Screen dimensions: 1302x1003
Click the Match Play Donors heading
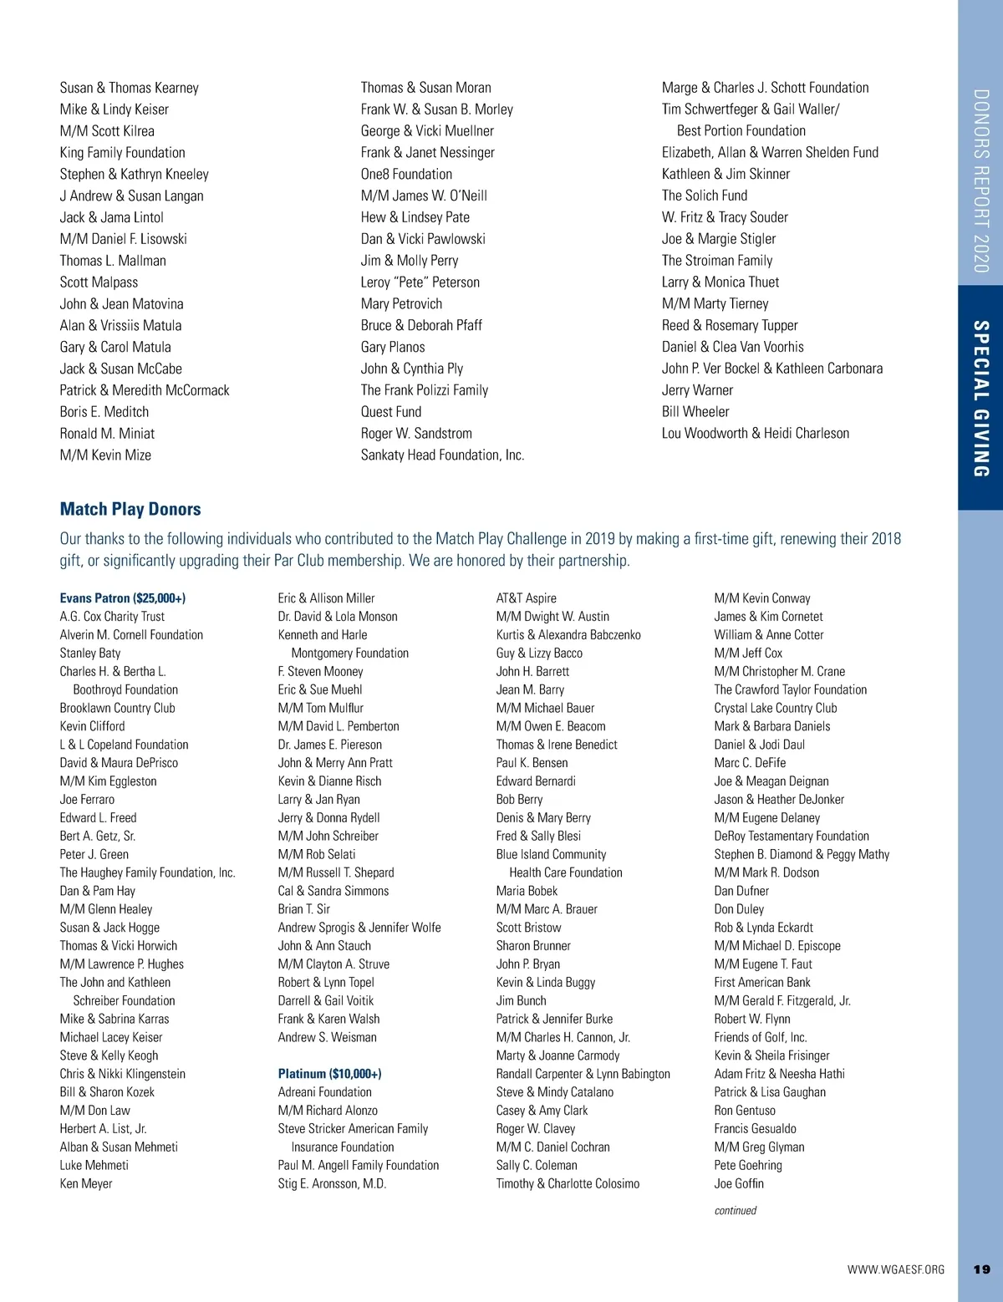[x=130, y=509]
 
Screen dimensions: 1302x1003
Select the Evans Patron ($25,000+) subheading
[x=123, y=598]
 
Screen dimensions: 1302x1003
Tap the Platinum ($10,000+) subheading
[x=329, y=1074]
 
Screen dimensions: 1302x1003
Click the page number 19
[x=981, y=1269]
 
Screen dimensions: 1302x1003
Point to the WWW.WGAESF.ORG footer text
[x=895, y=1269]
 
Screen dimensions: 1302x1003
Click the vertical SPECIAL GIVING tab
[x=981, y=399]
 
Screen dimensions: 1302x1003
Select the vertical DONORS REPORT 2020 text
[x=981, y=181]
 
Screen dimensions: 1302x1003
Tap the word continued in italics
[x=735, y=1210]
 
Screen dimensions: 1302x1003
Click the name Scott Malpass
[x=99, y=282]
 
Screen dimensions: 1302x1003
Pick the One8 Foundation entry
[x=406, y=175]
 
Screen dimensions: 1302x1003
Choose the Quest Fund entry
[x=391, y=412]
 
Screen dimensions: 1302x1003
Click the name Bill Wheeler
[x=695, y=412]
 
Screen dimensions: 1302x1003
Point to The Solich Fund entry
[x=705, y=196]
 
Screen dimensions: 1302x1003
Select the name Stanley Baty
[x=90, y=654]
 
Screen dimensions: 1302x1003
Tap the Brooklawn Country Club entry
[x=117, y=709]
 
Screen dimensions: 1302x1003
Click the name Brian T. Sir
[x=304, y=909]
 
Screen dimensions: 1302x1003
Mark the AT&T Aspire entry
[x=526, y=598]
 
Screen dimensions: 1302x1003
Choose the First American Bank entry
[x=762, y=983]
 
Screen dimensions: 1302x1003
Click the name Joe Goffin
[x=739, y=1184]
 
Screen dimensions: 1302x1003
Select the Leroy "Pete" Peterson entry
[x=420, y=282]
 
